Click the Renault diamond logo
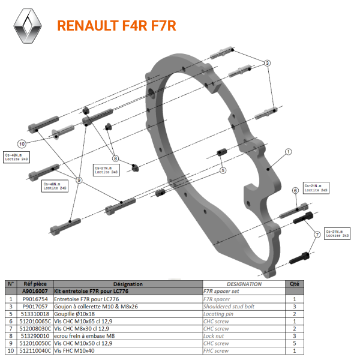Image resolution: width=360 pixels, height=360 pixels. (29, 27)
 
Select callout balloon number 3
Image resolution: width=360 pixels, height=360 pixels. (268, 63)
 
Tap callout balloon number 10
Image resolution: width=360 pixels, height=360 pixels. (22, 144)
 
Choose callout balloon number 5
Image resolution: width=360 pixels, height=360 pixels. (223, 170)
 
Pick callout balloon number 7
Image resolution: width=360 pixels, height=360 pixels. (316, 236)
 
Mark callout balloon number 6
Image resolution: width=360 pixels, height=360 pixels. (295, 191)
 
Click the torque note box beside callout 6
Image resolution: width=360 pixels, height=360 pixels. (316, 188)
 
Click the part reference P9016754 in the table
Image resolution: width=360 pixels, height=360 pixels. (36, 298)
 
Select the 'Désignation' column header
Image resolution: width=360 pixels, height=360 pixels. (127, 284)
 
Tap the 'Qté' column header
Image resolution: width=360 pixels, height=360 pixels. (293, 284)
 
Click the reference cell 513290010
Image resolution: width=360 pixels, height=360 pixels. (36, 336)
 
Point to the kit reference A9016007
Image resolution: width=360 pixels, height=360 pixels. (36, 291)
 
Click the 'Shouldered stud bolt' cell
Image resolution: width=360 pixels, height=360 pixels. (229, 306)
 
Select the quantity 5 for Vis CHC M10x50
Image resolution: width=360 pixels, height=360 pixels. (293, 343)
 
